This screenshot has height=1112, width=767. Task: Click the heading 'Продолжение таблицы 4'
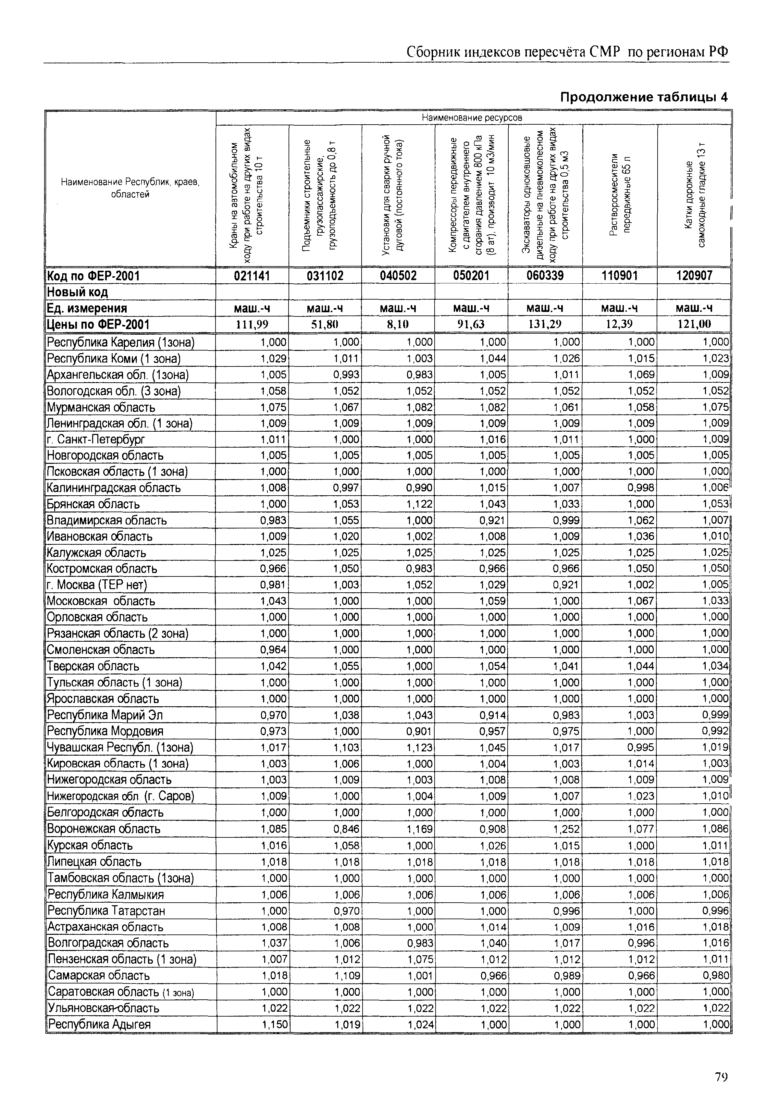(644, 98)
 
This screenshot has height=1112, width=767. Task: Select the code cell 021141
(252, 276)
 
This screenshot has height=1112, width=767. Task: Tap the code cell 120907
(694, 276)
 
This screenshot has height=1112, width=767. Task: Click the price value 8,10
(398, 324)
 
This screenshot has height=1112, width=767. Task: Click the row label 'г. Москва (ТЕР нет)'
(97, 585)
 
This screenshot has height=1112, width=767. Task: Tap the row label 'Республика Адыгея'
(99, 1024)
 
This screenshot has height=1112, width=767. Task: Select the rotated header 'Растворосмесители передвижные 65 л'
(620, 195)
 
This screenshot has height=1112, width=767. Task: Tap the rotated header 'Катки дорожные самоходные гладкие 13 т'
(694, 195)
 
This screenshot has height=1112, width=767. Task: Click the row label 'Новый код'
(77, 292)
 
